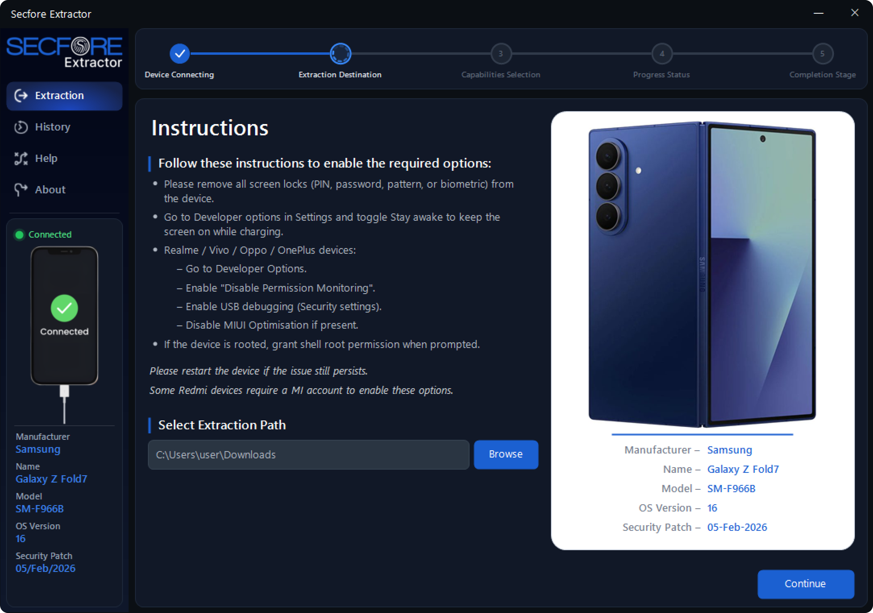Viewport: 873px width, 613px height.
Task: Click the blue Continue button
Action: (x=805, y=584)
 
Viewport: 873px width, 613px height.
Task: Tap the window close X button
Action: (x=855, y=13)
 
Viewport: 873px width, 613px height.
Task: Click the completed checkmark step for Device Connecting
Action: (x=180, y=54)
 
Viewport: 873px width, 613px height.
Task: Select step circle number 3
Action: (x=501, y=54)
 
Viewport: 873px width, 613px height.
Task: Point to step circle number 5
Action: (x=822, y=54)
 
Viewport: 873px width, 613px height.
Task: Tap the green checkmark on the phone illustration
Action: (x=64, y=308)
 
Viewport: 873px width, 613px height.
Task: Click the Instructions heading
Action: (x=210, y=128)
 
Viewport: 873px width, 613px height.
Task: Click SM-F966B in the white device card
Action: (x=731, y=489)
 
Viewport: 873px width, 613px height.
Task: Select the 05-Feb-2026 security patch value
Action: (x=737, y=527)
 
